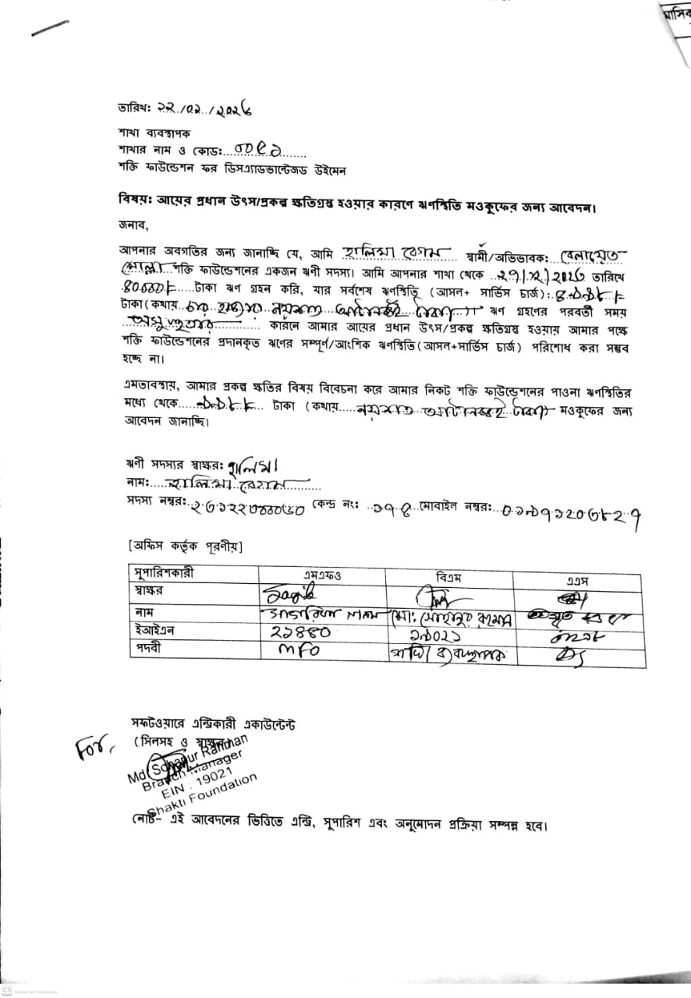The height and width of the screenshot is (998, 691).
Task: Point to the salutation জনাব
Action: pos(133,226)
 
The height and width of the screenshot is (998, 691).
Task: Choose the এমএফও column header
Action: pos(322,577)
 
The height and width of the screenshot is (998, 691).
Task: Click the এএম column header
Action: pos(577,581)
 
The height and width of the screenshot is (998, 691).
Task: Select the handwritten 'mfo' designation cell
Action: pos(296,651)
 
